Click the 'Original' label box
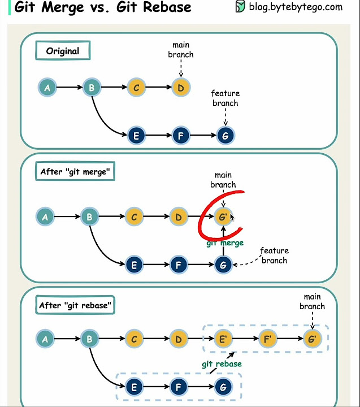(63, 51)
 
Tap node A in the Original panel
(47, 88)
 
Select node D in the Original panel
(180, 88)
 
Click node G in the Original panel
(225, 136)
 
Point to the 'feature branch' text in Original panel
(225, 98)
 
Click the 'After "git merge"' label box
(74, 172)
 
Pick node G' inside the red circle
(223, 217)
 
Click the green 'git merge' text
(225, 243)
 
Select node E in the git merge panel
(134, 264)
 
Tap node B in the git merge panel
(89, 217)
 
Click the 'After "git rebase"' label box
(76, 305)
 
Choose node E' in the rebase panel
(223, 339)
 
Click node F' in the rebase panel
(267, 339)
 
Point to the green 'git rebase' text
(222, 364)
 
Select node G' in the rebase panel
(312, 339)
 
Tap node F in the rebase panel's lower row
(179, 387)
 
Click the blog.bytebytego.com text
(296, 7)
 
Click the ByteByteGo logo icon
(240, 7)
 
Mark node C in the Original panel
(136, 88)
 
